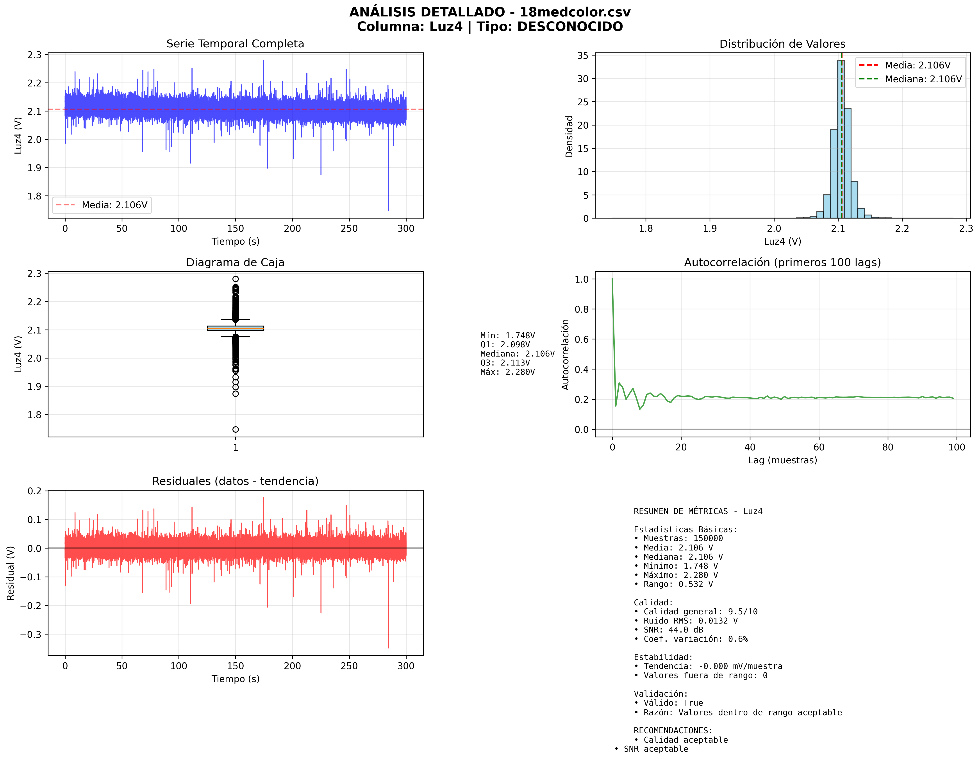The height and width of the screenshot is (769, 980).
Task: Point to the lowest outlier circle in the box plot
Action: point(235,430)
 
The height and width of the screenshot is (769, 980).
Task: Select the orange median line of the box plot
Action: point(235,328)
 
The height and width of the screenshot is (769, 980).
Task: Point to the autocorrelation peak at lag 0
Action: point(612,280)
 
